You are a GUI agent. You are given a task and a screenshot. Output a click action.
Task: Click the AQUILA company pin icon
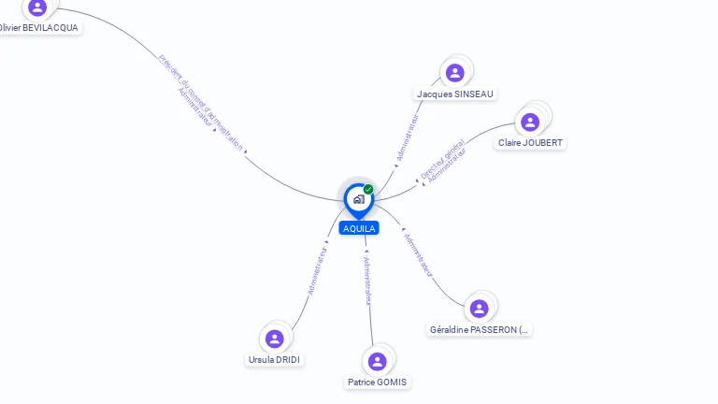tap(358, 198)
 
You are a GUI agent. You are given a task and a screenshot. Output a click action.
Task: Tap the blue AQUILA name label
tap(359, 228)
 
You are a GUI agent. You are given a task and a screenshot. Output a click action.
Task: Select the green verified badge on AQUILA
tap(368, 189)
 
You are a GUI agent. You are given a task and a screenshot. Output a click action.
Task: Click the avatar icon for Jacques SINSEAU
tap(455, 73)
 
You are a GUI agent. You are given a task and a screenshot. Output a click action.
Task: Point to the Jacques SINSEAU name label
tap(455, 94)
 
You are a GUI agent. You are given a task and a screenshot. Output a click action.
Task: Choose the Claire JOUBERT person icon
tap(530, 122)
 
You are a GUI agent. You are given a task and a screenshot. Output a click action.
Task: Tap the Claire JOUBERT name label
tap(531, 143)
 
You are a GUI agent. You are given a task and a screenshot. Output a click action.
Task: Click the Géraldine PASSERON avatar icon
tap(479, 309)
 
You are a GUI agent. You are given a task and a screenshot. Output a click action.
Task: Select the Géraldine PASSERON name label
tap(480, 329)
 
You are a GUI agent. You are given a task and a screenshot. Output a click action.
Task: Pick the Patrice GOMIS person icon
tap(377, 361)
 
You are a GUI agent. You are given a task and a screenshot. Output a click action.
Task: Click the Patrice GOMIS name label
tap(378, 382)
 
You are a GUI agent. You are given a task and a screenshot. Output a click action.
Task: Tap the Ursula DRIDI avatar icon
tap(274, 339)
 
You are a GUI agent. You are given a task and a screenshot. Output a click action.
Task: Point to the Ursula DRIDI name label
tap(276, 359)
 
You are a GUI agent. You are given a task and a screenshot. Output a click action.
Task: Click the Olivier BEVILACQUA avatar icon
tap(37, 7)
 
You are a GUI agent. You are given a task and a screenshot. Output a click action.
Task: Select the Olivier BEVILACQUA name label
tap(39, 28)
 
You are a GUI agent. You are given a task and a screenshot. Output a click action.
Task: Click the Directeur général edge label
tap(441, 159)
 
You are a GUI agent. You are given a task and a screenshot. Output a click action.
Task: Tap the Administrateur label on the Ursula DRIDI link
tap(318, 270)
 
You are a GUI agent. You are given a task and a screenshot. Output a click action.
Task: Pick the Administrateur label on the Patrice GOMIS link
tap(367, 280)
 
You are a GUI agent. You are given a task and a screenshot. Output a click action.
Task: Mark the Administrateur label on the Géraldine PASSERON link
tap(418, 254)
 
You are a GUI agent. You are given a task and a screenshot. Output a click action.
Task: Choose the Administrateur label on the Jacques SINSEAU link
tap(409, 137)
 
